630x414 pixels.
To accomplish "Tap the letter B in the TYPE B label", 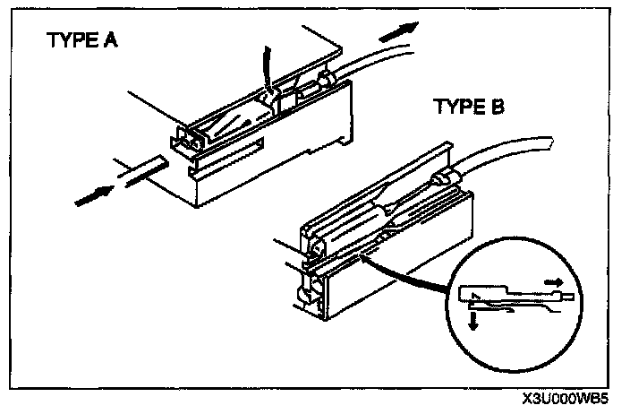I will click(x=497, y=108).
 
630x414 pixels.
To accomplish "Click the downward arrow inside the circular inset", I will click(x=472, y=320).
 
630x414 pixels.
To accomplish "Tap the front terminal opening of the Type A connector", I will click(x=183, y=141).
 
